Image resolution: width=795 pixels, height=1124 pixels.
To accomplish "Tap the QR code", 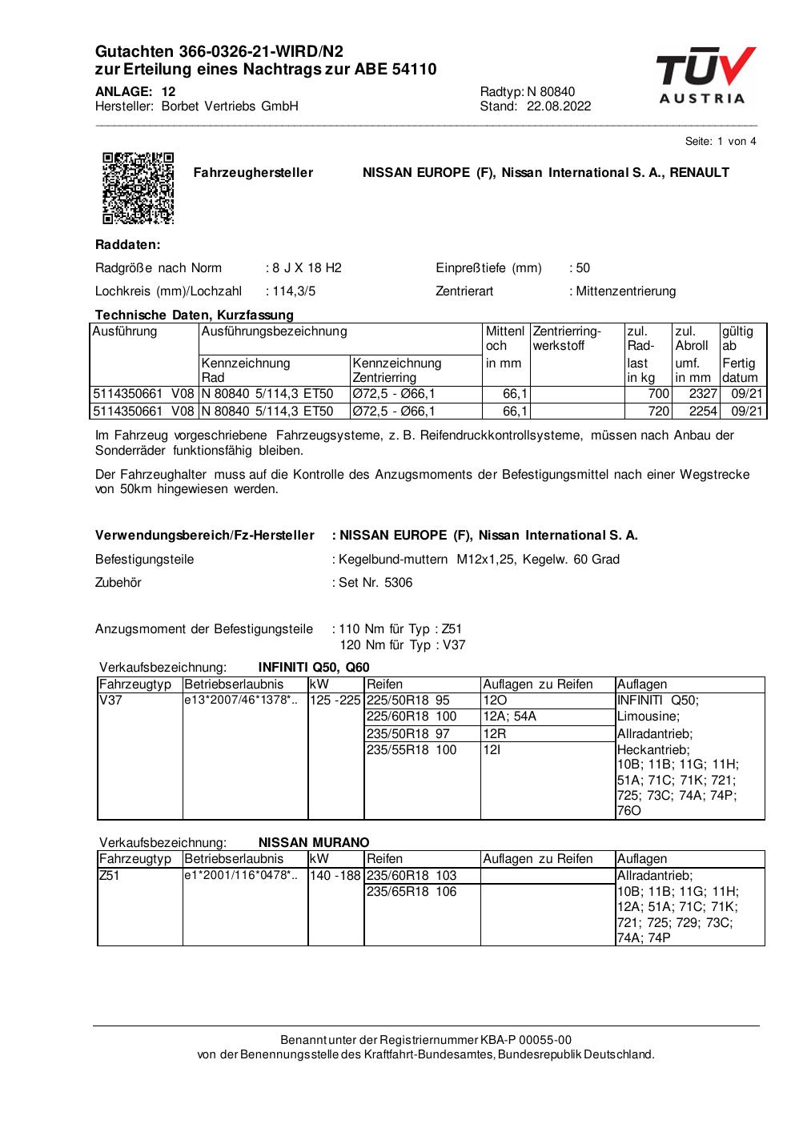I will [139, 187].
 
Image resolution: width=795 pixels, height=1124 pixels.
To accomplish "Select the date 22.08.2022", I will [559, 106].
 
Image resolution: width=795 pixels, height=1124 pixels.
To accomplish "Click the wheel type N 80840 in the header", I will [551, 91].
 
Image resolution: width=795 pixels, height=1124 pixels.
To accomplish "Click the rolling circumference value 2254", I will [695, 411].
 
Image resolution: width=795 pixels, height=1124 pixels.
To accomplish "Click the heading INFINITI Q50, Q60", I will [314, 668].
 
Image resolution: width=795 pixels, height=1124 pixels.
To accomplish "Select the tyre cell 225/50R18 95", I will [408, 700].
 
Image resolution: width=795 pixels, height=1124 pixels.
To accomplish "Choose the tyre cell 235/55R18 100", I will [412, 750].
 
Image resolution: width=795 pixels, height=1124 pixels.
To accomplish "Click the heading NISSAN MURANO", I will [314, 842].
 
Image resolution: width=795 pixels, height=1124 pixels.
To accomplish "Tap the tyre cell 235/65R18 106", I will [412, 892].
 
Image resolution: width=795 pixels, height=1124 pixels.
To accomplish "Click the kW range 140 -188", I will [336, 876].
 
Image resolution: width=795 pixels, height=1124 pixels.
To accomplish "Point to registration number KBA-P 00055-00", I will [526, 1040].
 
